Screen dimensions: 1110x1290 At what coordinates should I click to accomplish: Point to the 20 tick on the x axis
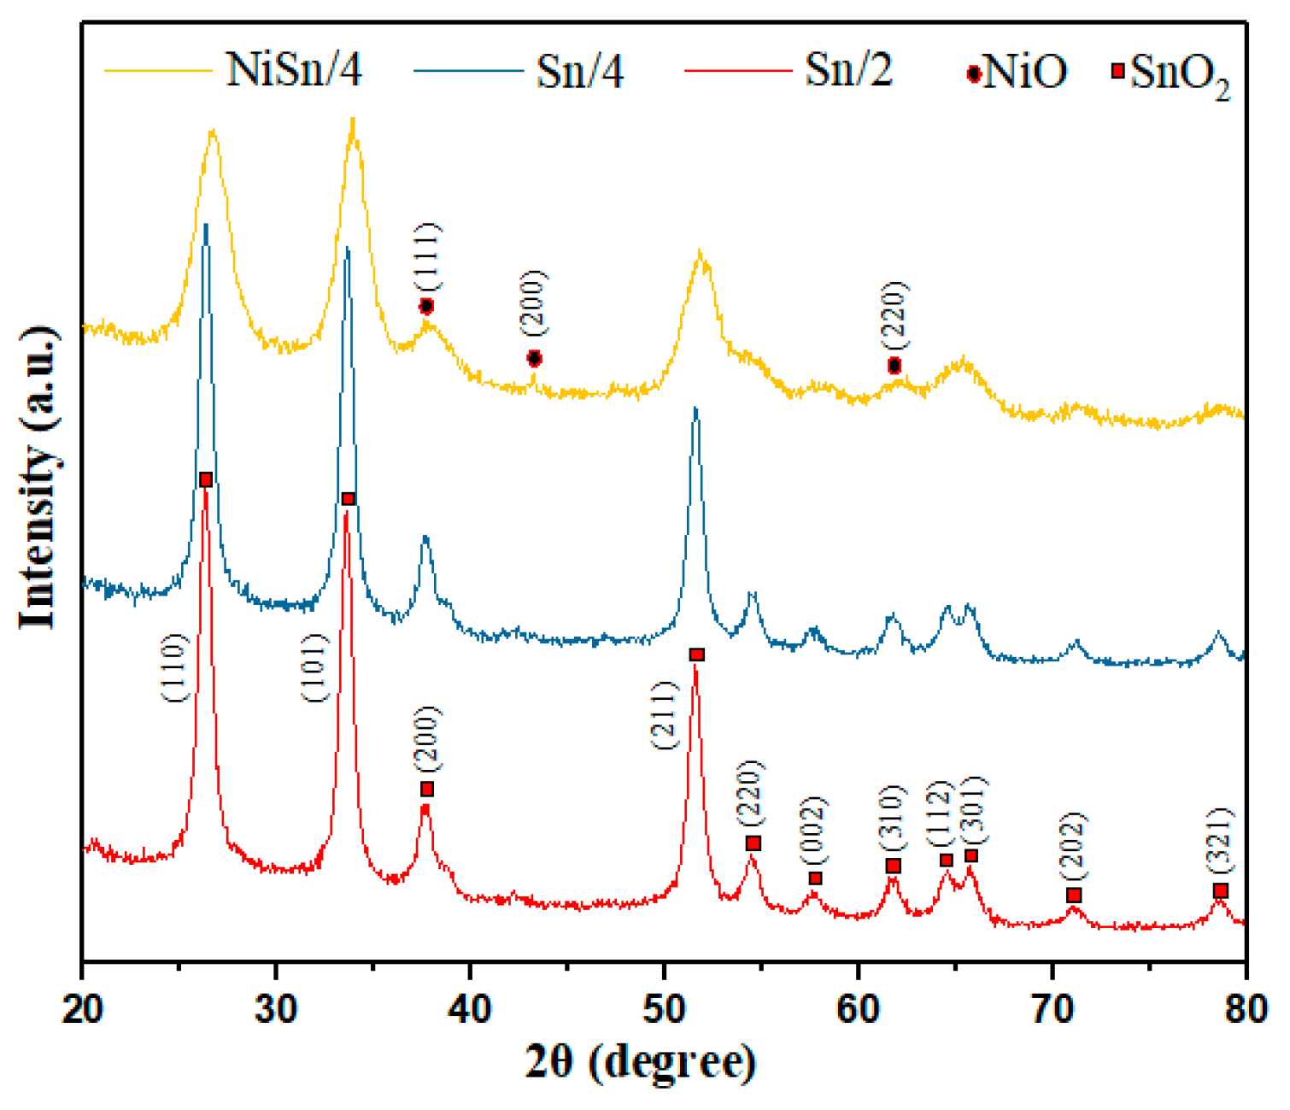tap(83, 1008)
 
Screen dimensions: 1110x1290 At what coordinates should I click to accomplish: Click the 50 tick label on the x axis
tap(664, 1008)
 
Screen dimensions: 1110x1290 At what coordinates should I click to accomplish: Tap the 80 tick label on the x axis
tap(1246, 1008)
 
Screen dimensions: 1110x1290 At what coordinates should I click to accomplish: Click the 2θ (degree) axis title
tap(640, 1062)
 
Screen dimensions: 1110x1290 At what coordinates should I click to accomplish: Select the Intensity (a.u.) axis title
tap(38, 478)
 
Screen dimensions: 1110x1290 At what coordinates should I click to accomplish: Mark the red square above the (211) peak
tap(696, 655)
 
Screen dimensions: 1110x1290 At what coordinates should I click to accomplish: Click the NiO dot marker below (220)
tap(894, 366)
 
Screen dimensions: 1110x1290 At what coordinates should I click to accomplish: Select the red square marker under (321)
tap(1220, 891)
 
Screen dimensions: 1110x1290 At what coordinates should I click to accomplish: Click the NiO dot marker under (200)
tap(534, 359)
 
